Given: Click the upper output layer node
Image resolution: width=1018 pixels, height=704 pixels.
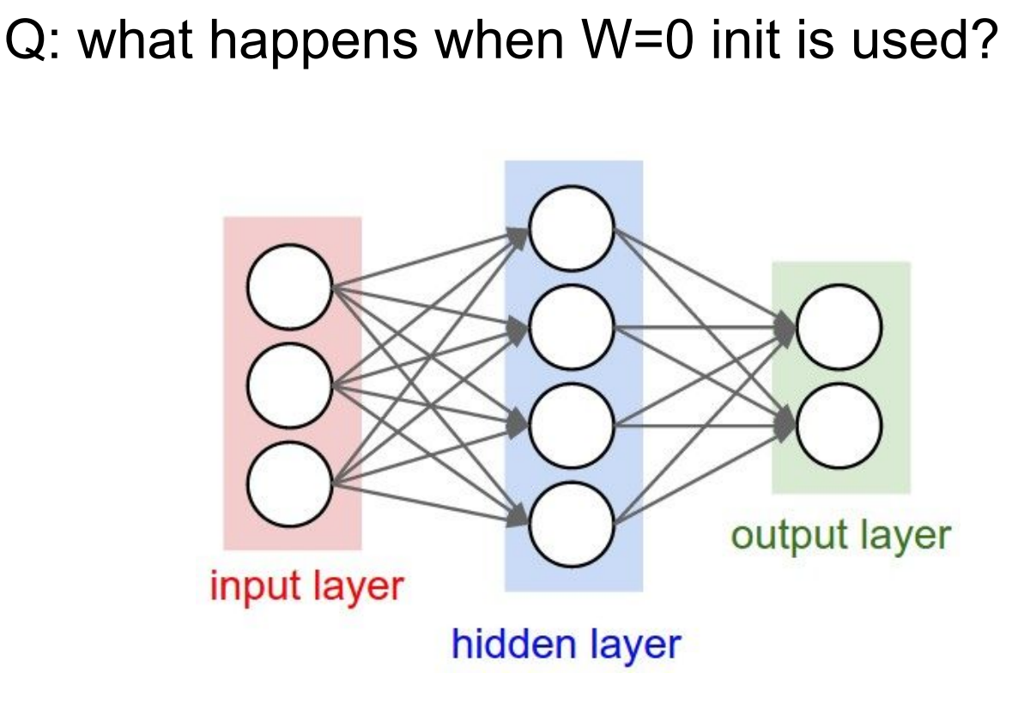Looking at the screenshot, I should click(839, 327).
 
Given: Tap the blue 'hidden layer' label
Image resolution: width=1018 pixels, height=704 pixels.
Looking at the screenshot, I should click(566, 644).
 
